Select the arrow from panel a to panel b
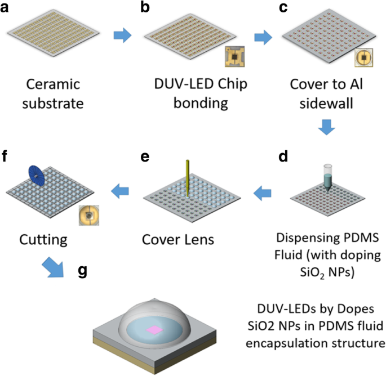[122, 36]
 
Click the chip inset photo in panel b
[232, 57]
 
